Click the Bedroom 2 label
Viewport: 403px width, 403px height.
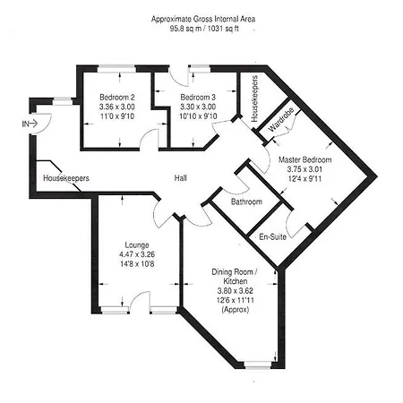[x=118, y=97]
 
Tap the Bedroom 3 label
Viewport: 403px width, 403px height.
[x=197, y=97]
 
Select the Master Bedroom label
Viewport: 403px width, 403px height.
[x=304, y=159]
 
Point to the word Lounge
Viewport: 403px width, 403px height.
[x=137, y=244]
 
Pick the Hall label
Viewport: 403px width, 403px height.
[x=181, y=179]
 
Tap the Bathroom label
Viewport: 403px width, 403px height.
[x=246, y=202]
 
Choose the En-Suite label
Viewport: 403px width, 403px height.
[x=272, y=237]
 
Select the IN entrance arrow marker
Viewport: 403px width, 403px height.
[x=30, y=123]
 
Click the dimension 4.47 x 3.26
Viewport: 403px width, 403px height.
[x=137, y=254]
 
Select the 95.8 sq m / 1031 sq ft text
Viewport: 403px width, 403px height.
[x=201, y=27]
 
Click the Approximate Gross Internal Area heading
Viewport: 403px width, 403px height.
[x=201, y=17]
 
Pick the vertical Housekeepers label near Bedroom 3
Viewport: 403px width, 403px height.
[x=254, y=99]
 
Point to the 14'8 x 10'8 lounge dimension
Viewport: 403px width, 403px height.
[x=137, y=264]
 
